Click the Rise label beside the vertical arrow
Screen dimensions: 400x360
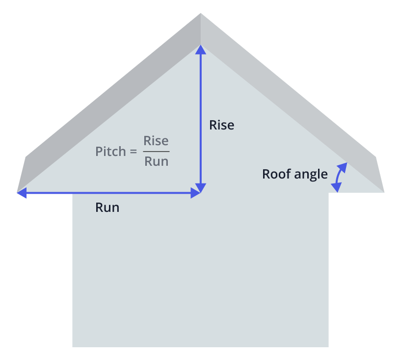(221, 125)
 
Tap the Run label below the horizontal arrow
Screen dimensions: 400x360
(107, 207)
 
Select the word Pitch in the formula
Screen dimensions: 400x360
(110, 152)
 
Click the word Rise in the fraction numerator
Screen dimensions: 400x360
(156, 141)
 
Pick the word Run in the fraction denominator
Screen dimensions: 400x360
(156, 161)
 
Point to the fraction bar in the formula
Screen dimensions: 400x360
(156, 152)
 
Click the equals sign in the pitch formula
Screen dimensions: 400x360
(133, 152)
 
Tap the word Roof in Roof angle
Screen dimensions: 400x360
(275, 174)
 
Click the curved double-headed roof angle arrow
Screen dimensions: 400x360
(339, 177)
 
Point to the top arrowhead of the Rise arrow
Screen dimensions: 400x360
(201, 49)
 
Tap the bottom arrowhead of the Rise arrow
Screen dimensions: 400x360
(201, 188)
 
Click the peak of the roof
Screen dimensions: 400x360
(201, 14)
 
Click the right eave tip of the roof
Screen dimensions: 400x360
(384, 191)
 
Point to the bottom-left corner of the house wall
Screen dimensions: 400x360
(73, 346)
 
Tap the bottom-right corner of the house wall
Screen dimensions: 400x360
(328, 346)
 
